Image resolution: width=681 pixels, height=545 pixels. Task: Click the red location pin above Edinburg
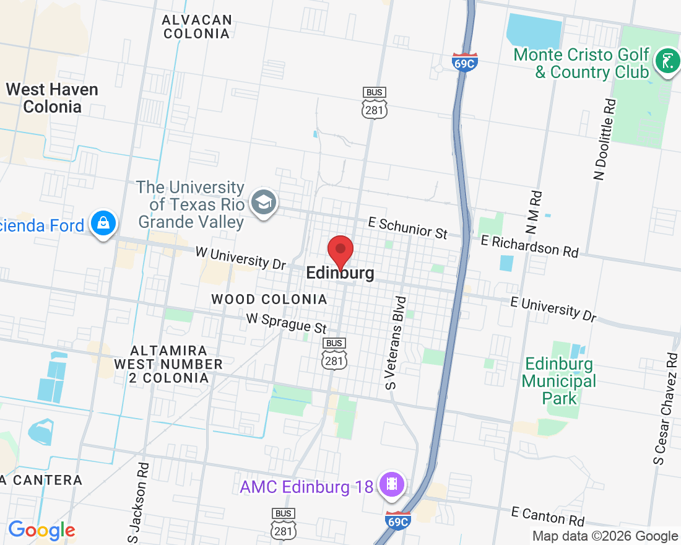coord(340,250)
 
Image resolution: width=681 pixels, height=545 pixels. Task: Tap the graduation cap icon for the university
coord(264,202)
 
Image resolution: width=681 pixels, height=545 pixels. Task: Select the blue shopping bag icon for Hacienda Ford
coord(103,224)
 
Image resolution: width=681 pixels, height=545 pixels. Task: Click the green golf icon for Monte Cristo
coord(667,63)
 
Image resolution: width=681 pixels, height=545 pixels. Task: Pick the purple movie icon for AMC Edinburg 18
coord(391,484)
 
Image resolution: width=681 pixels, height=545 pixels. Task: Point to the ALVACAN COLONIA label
coord(197,27)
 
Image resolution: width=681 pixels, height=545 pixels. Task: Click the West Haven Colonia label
coord(52,98)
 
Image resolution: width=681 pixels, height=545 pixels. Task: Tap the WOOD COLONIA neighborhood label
coord(269,300)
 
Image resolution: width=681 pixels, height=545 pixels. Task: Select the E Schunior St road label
coord(407,227)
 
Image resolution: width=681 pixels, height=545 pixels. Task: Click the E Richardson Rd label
coord(529,246)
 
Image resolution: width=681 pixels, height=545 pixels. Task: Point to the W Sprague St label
coord(286,323)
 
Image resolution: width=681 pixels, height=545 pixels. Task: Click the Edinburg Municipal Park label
coord(560,381)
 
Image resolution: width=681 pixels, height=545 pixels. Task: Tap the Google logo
coord(41,530)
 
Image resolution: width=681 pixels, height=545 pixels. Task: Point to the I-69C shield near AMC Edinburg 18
coord(397,521)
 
